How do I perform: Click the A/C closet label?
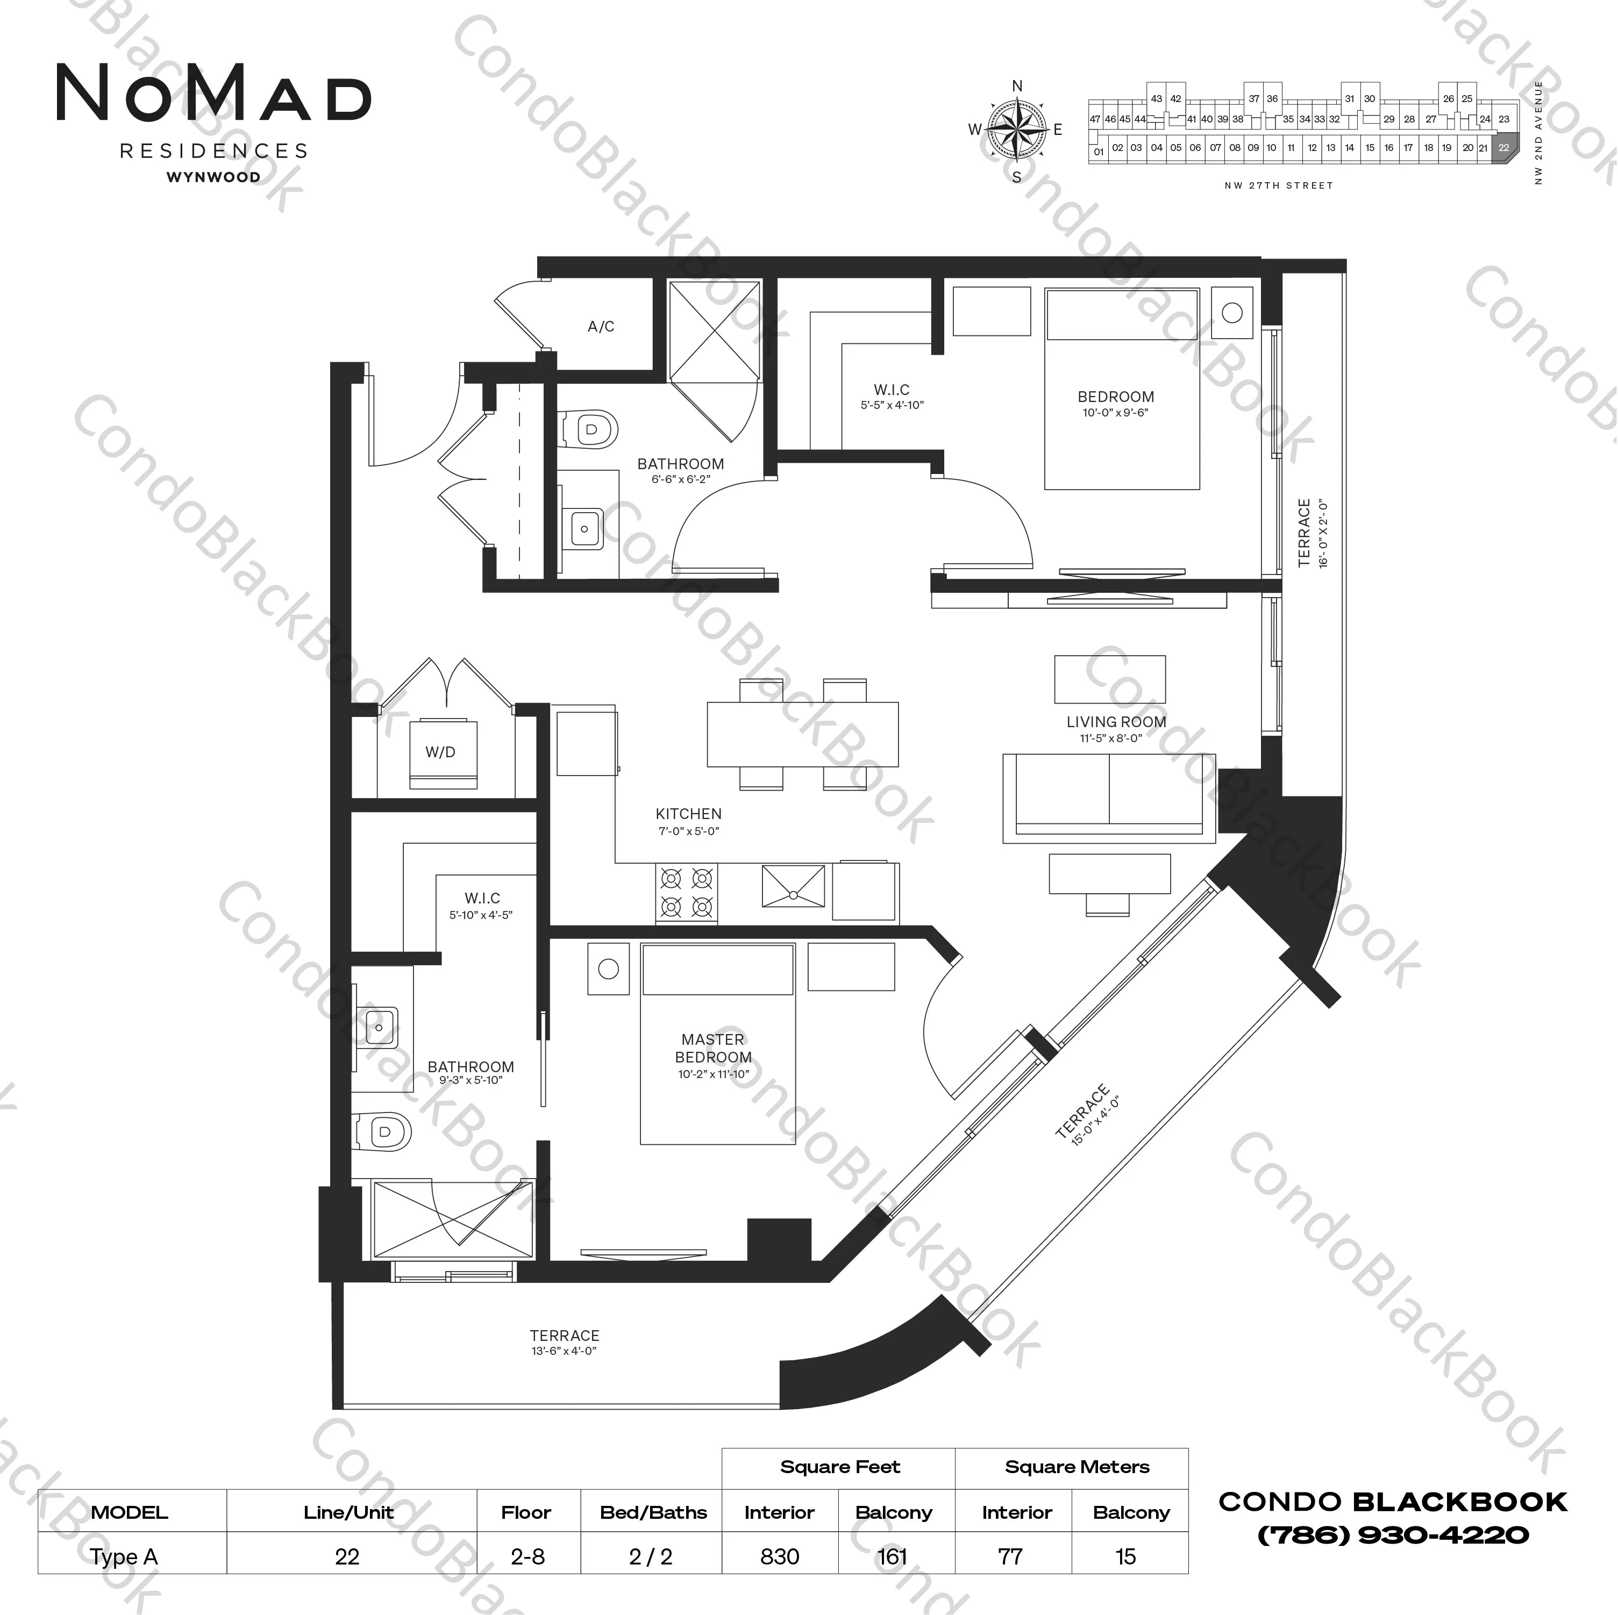[601, 327]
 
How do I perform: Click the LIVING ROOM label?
[1116, 722]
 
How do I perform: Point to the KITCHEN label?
[688, 814]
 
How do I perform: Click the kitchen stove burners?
[687, 893]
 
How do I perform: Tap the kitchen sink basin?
[792, 886]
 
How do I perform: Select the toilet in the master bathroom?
[382, 1132]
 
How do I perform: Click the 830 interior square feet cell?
[780, 1556]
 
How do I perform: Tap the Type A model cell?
[124, 1556]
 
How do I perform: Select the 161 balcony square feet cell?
[893, 1556]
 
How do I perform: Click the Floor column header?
[526, 1512]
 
